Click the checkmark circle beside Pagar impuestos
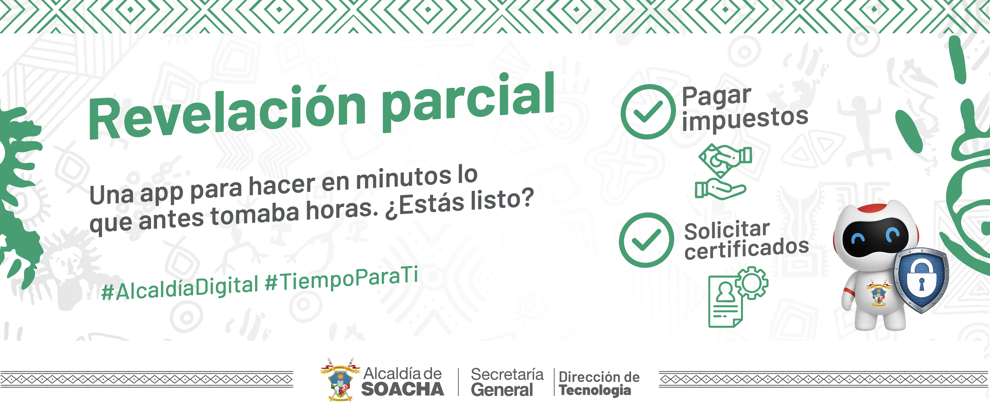point(648,112)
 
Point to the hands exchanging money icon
point(723,171)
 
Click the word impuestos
point(745,120)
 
